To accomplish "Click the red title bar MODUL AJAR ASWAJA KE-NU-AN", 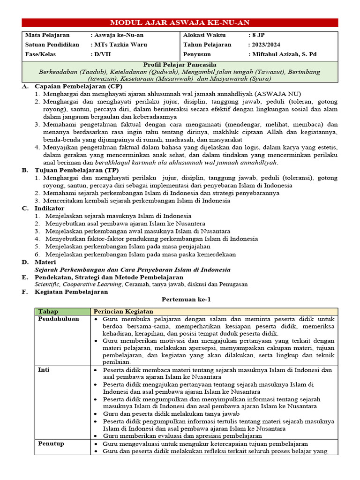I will point(180,22).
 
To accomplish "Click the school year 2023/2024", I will point(264,45).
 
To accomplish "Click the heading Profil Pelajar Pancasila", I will point(180,64).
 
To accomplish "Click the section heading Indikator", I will point(49,208).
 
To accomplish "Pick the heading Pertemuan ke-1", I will point(180,299).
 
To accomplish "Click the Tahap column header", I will point(48,311).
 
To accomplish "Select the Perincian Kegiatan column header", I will point(123,311).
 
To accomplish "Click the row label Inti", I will point(44,370).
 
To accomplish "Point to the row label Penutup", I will point(51,443).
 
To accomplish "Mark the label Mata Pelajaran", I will point(47,35).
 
